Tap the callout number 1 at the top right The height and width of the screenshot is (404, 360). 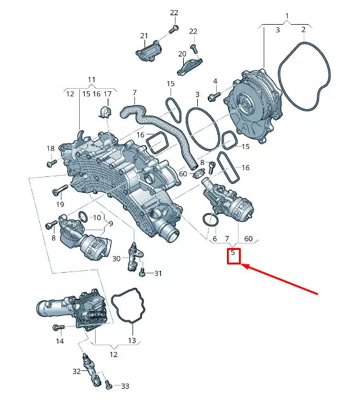[x=286, y=15]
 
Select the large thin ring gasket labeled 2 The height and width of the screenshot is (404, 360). [x=305, y=76]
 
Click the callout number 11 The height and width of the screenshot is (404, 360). [x=92, y=80]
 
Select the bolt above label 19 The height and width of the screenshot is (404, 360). [x=60, y=189]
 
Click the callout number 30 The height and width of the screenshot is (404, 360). [x=116, y=258]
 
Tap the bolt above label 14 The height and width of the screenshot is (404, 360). [x=59, y=327]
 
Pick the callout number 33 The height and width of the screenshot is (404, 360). [x=125, y=386]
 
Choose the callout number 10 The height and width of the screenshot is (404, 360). [x=97, y=218]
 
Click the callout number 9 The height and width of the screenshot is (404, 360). [x=110, y=223]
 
